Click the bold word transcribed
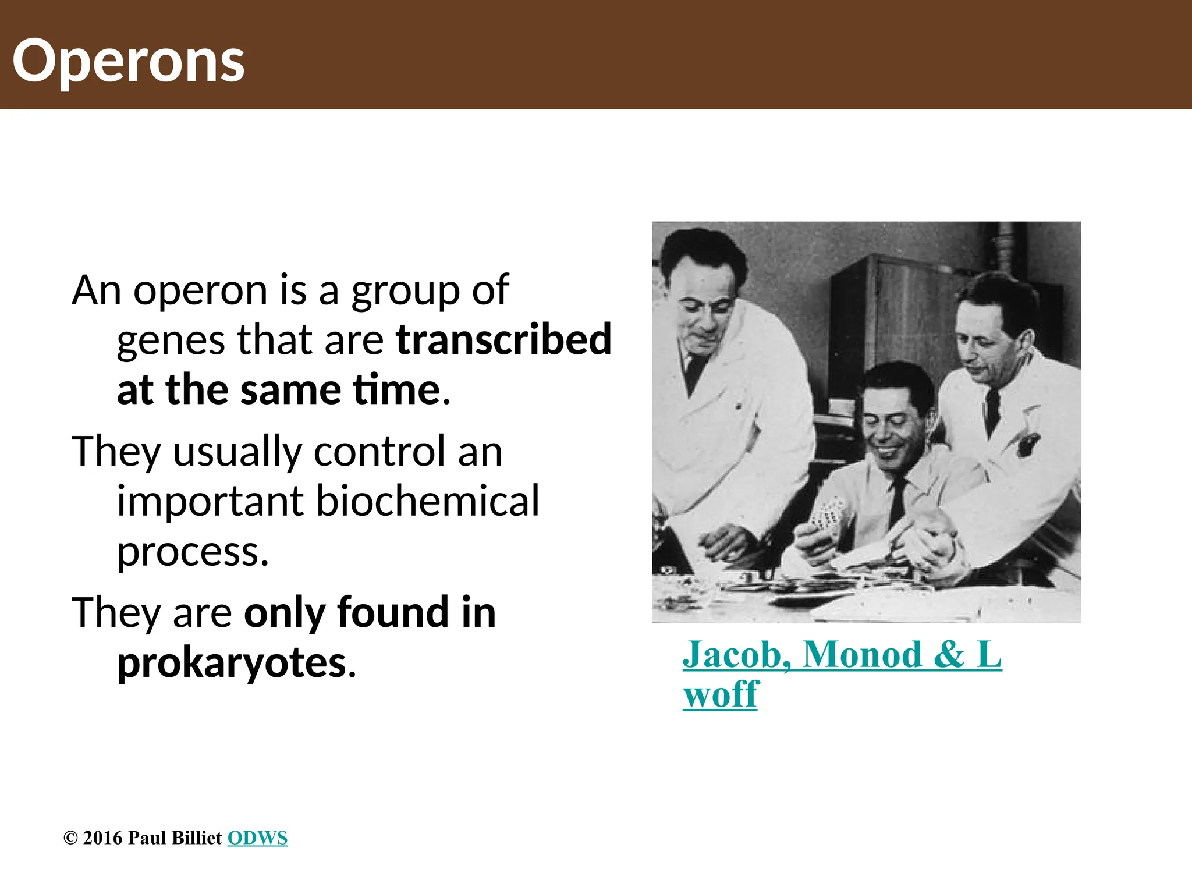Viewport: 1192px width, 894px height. click(x=503, y=339)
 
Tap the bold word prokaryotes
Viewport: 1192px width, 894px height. click(x=232, y=663)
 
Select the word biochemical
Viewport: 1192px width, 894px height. click(x=427, y=501)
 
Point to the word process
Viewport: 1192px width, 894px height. click(x=192, y=551)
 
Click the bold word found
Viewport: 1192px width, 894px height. click(x=393, y=613)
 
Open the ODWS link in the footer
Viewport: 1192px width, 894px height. click(x=257, y=838)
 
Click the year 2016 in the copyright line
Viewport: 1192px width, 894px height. click(x=103, y=838)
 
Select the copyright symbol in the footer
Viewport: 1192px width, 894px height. click(x=70, y=838)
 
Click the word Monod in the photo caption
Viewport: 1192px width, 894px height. click(x=862, y=654)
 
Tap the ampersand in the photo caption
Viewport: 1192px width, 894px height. click(x=949, y=654)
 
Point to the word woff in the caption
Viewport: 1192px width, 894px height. click(x=721, y=694)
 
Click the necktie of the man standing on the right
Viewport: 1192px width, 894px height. click(x=992, y=410)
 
